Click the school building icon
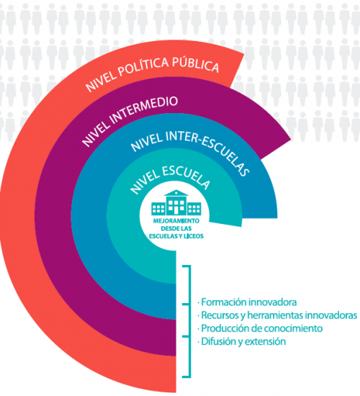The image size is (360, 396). (176, 202)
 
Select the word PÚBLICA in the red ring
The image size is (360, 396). (196, 63)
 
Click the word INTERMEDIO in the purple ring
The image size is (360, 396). (144, 109)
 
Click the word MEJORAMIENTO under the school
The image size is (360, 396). (176, 221)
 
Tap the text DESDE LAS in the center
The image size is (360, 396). (176, 228)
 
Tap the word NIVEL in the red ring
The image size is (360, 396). (100, 81)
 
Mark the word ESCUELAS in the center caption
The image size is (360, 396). (161, 236)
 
